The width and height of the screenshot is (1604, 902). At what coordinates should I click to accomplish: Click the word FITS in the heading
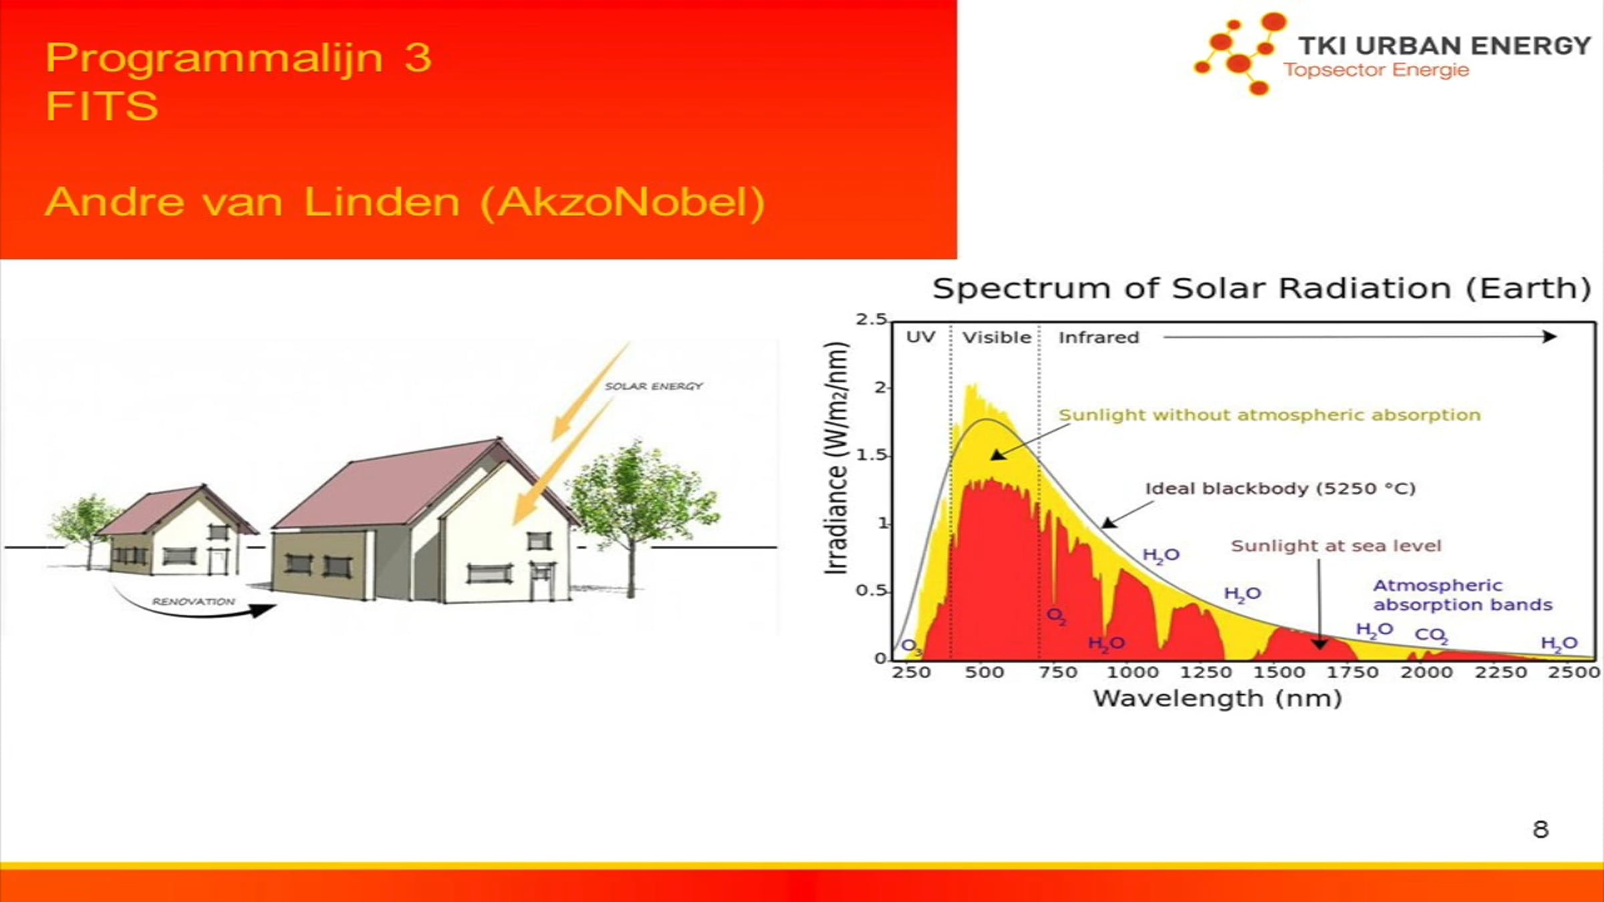102,106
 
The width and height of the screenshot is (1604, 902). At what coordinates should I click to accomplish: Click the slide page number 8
1541,829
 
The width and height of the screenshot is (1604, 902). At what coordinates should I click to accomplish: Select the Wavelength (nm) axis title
1217,699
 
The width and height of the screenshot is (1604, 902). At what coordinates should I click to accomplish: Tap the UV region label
920,337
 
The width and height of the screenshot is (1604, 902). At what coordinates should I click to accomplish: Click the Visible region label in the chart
996,337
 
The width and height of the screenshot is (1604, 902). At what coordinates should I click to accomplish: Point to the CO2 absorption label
1431,635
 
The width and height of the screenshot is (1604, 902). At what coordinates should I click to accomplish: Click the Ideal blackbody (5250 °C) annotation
1281,488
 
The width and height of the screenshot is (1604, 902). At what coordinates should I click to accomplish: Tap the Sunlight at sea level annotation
1336,546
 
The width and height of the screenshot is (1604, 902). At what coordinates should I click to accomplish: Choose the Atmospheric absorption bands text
1462,595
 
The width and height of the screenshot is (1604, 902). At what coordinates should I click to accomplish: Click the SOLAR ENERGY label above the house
654,386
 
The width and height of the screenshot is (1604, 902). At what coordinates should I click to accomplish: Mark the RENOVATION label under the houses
193,601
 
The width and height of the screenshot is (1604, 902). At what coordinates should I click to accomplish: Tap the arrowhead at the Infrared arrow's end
1550,337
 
